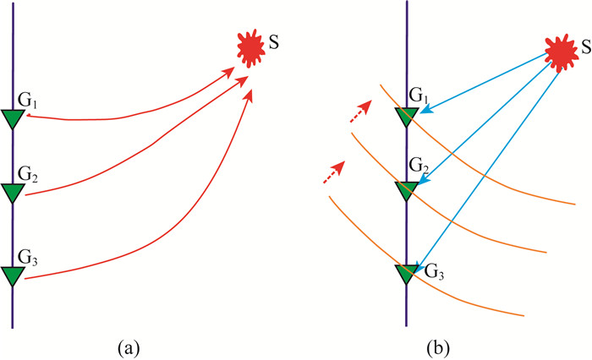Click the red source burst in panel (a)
click(x=251, y=48)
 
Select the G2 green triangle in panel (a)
click(x=13, y=194)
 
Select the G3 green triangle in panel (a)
click(x=13, y=275)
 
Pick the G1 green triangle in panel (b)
click(x=406, y=118)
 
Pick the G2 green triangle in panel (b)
click(x=406, y=191)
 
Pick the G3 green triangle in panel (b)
click(x=406, y=273)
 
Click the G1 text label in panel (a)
click(x=28, y=103)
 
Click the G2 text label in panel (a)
click(x=28, y=177)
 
